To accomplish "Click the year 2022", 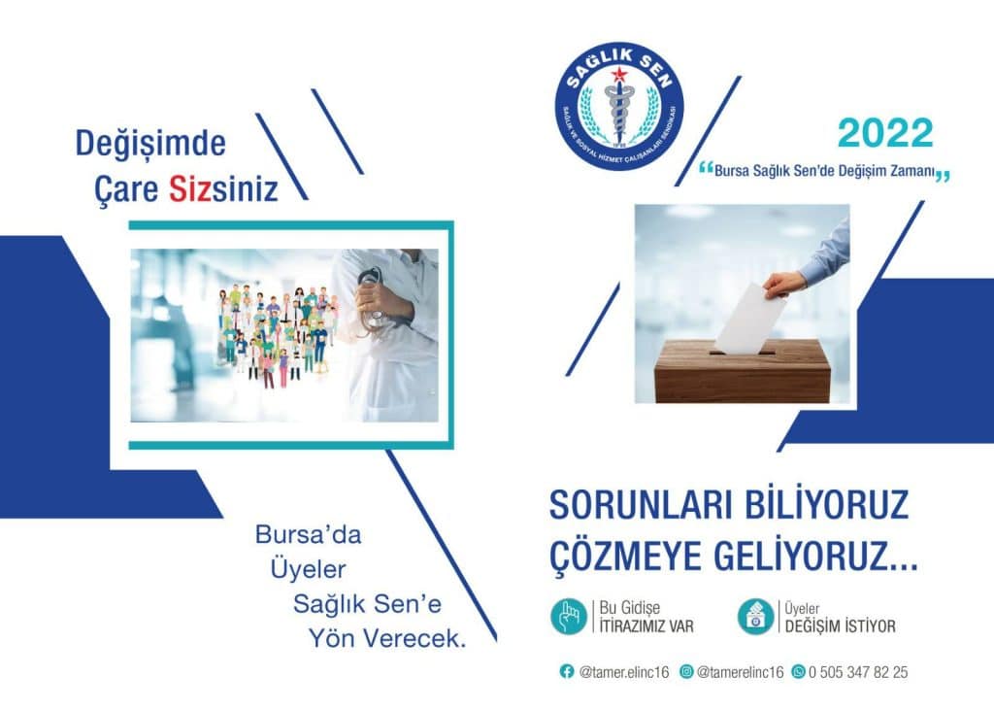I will pyautogui.click(x=884, y=133).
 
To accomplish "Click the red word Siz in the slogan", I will pyautogui.click(x=191, y=188).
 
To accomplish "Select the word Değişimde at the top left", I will pyautogui.click(x=150, y=144).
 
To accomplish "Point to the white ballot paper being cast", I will pyautogui.click(x=750, y=319).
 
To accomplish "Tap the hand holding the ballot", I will pyautogui.click(x=784, y=284).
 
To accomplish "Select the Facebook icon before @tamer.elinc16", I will pyautogui.click(x=567, y=671).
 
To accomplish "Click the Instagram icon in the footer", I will pyautogui.click(x=686, y=671).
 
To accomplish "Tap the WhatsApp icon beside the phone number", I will pyautogui.click(x=798, y=671).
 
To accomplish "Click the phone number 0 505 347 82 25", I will pyautogui.click(x=859, y=672).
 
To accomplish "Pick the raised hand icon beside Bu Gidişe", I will pyautogui.click(x=568, y=617).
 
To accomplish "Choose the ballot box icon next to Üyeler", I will pyautogui.click(x=755, y=617).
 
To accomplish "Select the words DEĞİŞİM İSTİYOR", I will pyautogui.click(x=840, y=626).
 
